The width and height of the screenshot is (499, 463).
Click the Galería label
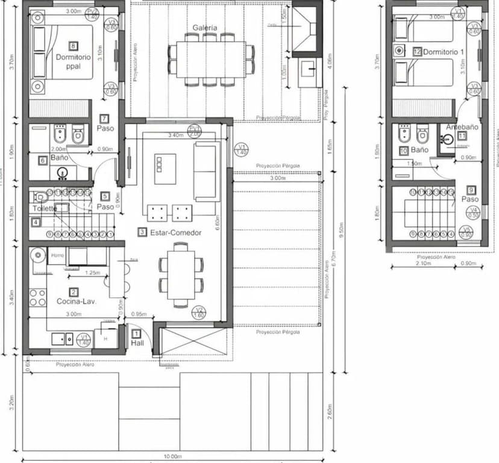click(x=206, y=28)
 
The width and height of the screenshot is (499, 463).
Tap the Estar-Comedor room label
click(x=174, y=231)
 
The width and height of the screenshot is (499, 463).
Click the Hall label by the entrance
click(x=137, y=343)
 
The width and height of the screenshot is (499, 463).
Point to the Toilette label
click(x=45, y=209)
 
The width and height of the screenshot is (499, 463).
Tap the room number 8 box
click(x=74, y=46)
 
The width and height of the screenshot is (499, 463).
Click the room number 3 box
click(x=142, y=231)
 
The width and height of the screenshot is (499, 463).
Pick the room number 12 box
click(x=417, y=52)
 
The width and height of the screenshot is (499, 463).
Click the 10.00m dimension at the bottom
click(x=172, y=456)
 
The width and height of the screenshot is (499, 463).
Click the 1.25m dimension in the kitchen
click(x=92, y=272)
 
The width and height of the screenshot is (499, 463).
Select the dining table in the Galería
click(x=210, y=59)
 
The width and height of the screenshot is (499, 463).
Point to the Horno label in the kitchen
click(x=57, y=255)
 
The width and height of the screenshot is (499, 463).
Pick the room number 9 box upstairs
click(x=471, y=189)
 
